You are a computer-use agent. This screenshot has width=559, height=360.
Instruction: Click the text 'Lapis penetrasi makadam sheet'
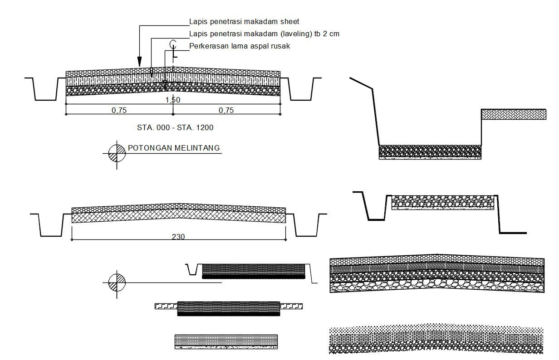(x=244, y=22)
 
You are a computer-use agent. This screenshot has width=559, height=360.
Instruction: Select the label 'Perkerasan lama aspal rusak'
(x=239, y=46)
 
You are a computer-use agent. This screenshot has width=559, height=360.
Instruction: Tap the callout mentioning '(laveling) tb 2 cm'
(x=264, y=34)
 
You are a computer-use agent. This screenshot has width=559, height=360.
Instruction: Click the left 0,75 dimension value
(x=119, y=110)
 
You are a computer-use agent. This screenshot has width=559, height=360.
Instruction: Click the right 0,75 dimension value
(x=226, y=110)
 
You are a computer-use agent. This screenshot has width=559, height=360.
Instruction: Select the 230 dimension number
(x=179, y=236)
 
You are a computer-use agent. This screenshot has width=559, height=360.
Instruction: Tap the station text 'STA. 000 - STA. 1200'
(x=175, y=128)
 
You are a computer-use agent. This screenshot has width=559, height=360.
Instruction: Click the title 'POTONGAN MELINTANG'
(x=174, y=148)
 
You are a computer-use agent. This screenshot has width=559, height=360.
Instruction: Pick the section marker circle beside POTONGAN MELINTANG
(x=117, y=153)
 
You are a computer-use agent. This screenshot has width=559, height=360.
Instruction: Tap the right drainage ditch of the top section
(x=300, y=89)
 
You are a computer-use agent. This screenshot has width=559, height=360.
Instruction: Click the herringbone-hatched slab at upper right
(x=513, y=114)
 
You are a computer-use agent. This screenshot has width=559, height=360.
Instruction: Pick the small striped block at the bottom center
(x=226, y=341)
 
